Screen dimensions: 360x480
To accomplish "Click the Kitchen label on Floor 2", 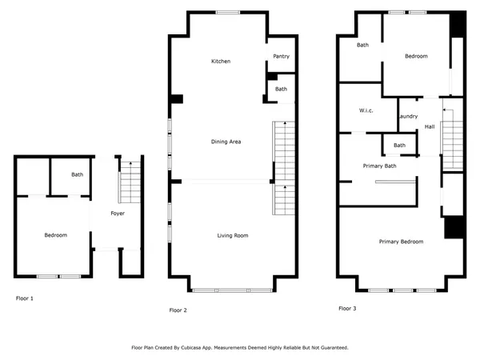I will (221, 62).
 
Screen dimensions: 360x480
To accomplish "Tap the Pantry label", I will (281, 56).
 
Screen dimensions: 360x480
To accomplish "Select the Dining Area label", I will (226, 142).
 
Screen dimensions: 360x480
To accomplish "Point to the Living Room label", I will (233, 235).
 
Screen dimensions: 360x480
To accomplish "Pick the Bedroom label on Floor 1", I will (55, 235).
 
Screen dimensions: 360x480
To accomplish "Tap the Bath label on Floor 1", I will (78, 174).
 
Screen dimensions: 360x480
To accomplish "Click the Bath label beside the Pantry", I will (281, 89).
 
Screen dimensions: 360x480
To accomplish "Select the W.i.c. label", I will (367, 110).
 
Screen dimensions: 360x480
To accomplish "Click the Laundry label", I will (408, 117).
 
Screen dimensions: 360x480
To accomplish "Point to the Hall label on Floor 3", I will (430, 126).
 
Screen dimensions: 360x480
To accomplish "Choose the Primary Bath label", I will (379, 166).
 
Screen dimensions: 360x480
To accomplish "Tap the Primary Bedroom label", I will (401, 241).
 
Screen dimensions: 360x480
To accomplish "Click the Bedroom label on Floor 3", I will (416, 56).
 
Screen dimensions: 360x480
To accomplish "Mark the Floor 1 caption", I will (25, 298).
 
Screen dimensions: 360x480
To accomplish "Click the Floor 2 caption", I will (178, 309).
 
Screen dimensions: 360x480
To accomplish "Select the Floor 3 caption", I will (347, 308).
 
